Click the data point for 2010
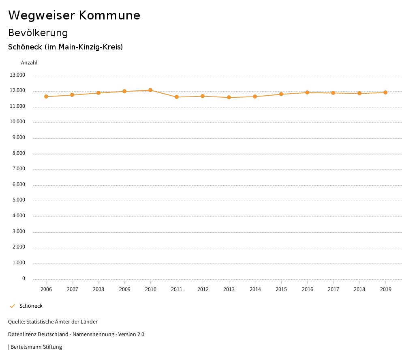(x=150, y=90)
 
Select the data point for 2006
(x=46, y=96)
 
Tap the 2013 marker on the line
(x=229, y=97)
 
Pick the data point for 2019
(x=385, y=92)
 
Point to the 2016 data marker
(x=307, y=92)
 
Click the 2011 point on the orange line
(x=177, y=97)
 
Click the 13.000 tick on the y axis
(x=17, y=75)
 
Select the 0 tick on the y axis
(x=24, y=279)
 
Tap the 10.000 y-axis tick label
(x=17, y=122)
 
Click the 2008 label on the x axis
(x=98, y=289)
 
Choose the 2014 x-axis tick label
(x=255, y=289)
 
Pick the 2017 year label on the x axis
(x=334, y=289)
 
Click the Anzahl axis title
(x=29, y=63)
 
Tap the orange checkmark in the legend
(x=12, y=306)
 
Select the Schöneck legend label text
(x=31, y=306)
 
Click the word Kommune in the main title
(x=109, y=15)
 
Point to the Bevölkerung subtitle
(x=38, y=32)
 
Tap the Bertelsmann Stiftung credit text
(x=36, y=347)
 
